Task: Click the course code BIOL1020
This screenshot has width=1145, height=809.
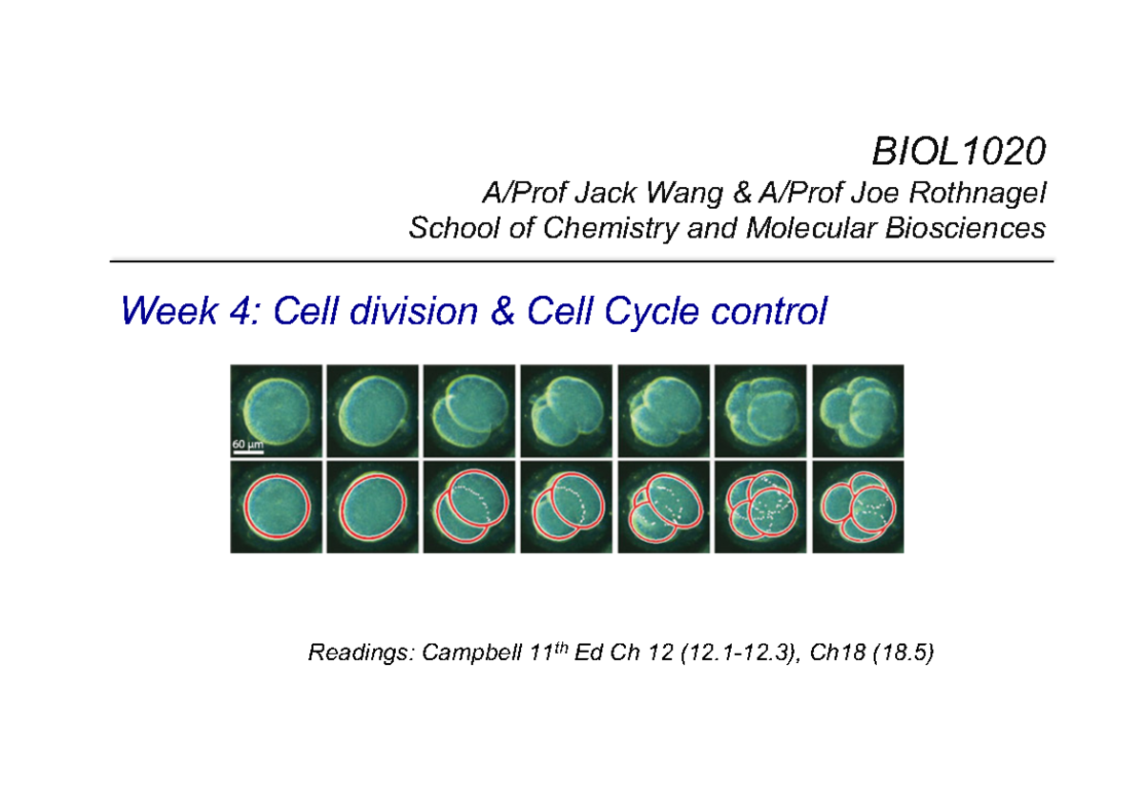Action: (957, 151)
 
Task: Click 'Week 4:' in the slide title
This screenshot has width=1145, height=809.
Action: (190, 311)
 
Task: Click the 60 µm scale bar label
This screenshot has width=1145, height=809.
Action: (248, 444)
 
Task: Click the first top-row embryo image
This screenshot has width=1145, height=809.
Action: (275, 410)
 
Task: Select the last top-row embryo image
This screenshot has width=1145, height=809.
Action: (857, 410)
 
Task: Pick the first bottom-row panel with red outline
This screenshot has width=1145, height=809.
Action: (275, 506)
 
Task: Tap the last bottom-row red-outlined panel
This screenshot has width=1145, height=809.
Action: (857, 506)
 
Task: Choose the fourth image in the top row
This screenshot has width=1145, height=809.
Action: (566, 410)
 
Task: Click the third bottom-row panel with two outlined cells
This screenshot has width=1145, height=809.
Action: (468, 506)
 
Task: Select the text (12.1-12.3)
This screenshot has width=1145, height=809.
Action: (729, 653)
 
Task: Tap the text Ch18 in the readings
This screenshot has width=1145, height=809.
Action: (825, 653)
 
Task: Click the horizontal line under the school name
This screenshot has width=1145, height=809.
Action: (581, 260)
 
